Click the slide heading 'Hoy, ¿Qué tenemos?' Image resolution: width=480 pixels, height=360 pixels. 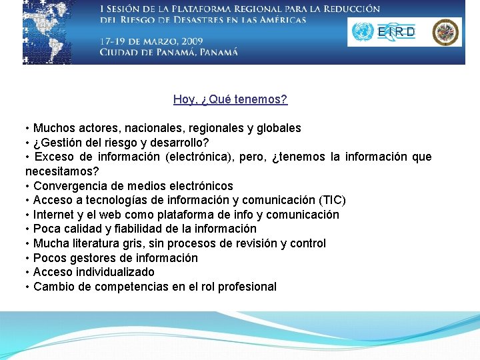pyautogui.click(x=230, y=99)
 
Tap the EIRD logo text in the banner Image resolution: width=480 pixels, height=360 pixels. pyautogui.click(x=396, y=32)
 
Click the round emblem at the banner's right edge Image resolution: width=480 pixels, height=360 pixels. pyautogui.click(x=446, y=32)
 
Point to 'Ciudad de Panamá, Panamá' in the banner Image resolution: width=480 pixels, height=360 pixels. pyautogui.click(x=169, y=53)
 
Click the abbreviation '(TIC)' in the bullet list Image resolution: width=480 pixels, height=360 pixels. pyautogui.click(x=332, y=200)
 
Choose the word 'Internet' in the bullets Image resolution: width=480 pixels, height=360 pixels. pyautogui.click(x=54, y=215)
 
